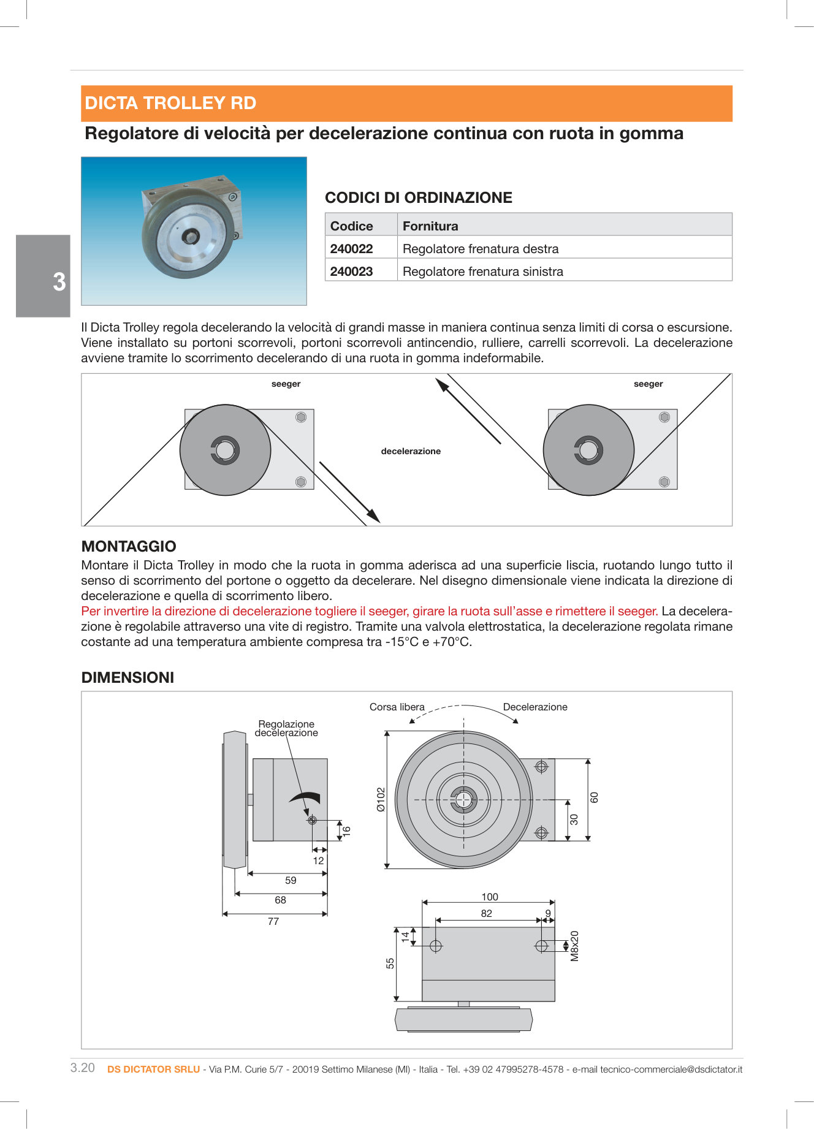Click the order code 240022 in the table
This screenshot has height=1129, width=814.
[351, 248]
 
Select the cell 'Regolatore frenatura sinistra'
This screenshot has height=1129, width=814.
[482, 271]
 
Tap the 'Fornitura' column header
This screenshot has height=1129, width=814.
[430, 226]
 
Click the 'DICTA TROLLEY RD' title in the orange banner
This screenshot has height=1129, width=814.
[170, 103]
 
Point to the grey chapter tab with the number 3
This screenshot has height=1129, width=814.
[44, 276]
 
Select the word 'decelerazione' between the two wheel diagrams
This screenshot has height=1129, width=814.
[411, 451]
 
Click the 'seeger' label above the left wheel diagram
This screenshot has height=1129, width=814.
[286, 384]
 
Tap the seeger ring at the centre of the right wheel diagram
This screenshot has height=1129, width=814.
[588, 450]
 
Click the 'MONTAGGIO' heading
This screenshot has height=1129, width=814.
[129, 546]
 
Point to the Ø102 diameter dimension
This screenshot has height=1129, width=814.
[381, 799]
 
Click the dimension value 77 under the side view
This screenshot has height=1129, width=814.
[273, 921]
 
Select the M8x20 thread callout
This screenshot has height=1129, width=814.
[574, 946]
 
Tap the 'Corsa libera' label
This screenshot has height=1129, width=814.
[397, 707]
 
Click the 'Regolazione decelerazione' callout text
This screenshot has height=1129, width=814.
[286, 728]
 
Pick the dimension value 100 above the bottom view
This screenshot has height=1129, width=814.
[490, 897]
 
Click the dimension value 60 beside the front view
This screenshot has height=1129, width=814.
[594, 797]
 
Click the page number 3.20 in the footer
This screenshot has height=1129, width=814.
[83, 1068]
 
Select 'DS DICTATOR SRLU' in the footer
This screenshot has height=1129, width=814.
[153, 1069]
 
